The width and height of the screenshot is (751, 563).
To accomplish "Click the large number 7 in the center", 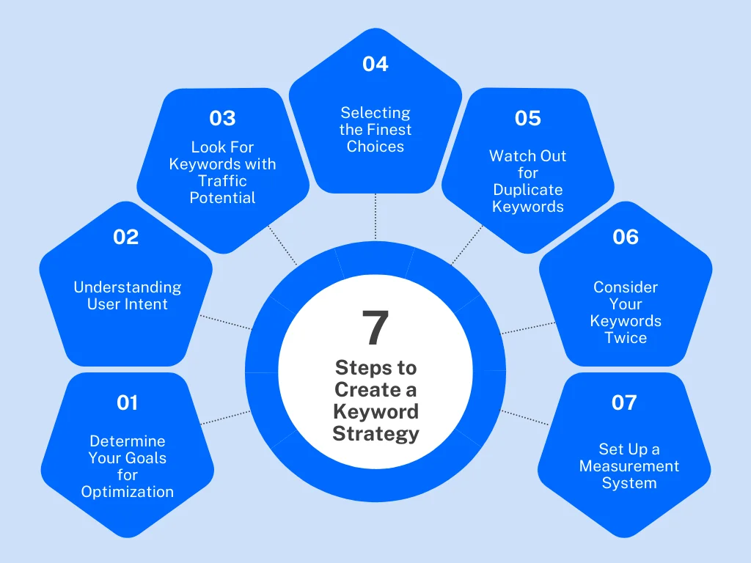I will tap(375, 328).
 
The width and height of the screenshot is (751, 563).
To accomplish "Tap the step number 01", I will tap(128, 402).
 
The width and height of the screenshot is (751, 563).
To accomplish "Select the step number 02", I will tap(126, 237).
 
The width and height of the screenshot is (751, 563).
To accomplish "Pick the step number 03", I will tap(222, 118).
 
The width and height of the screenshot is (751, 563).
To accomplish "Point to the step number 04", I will tap(375, 65).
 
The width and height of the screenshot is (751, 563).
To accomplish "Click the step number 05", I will tap(527, 118).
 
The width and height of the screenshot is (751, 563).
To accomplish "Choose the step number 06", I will tap(626, 237).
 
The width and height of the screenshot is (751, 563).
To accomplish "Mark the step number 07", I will tap(624, 402).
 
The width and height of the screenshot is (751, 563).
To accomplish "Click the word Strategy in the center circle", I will tap(375, 433).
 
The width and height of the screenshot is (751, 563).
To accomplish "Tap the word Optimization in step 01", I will tap(128, 492).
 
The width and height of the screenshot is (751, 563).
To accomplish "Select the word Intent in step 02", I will tap(147, 304).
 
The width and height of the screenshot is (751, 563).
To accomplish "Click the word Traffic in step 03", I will tap(222, 181).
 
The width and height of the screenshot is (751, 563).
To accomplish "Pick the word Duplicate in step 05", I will tap(527, 190).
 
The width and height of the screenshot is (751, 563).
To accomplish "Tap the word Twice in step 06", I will tap(626, 338).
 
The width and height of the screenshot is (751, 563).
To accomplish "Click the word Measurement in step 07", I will tap(629, 466).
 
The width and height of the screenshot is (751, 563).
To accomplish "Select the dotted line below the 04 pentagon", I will tap(375, 217).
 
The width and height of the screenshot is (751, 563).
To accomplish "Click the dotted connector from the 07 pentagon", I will tap(525, 418).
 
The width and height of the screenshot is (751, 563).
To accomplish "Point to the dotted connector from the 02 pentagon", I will tap(224, 323).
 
